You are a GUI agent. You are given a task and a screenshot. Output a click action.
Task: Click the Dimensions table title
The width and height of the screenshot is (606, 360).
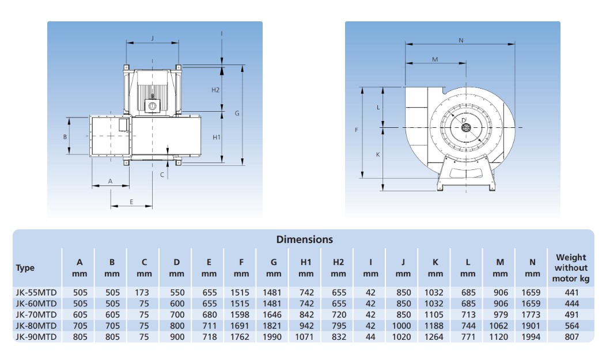click(305, 240)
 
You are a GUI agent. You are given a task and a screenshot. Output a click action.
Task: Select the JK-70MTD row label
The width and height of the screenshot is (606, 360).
click(36, 315)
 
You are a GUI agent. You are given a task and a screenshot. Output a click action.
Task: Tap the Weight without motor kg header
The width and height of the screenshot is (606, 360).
click(571, 268)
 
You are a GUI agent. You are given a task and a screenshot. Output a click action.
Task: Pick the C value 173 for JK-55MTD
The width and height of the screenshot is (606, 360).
click(142, 293)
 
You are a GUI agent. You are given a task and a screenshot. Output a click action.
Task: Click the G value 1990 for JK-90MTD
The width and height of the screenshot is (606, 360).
click(272, 337)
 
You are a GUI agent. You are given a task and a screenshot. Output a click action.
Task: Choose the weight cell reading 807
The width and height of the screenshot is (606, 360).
click(571, 337)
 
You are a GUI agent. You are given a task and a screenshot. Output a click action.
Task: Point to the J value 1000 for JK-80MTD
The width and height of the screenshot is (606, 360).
click(402, 326)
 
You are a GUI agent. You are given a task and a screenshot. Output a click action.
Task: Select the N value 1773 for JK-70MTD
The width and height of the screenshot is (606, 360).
click(531, 315)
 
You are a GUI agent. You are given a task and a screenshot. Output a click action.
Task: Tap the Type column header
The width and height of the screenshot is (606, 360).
click(25, 268)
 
